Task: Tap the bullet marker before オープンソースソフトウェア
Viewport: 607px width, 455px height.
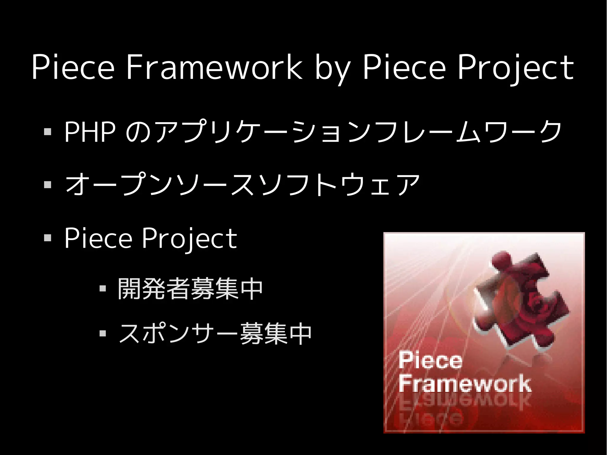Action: click(47, 185)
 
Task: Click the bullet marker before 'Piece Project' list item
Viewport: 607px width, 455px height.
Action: click(47, 238)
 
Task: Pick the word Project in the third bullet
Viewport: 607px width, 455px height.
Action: click(189, 239)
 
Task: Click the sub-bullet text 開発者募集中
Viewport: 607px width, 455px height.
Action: click(190, 289)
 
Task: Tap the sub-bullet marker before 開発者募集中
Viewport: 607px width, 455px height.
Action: click(103, 288)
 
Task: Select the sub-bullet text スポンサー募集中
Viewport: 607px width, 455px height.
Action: click(215, 334)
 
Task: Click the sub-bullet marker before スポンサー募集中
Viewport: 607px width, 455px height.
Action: click(103, 334)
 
